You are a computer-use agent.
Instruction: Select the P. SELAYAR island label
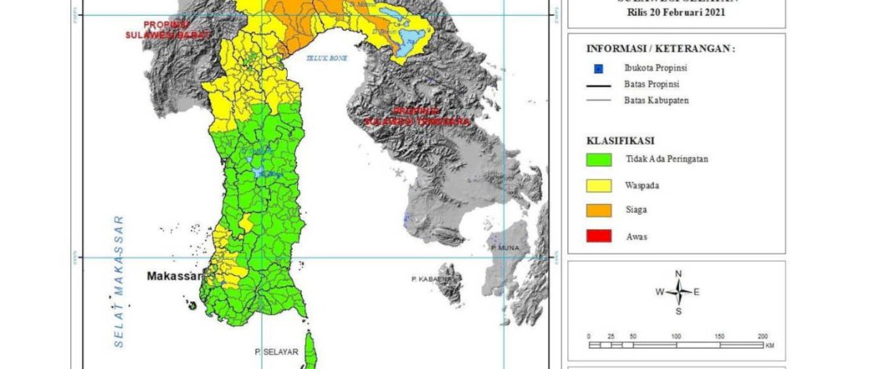pyautogui.click(x=275, y=353)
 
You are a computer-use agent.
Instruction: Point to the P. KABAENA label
pyautogui.click(x=430, y=279)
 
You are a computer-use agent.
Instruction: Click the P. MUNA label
pyautogui.click(x=505, y=247)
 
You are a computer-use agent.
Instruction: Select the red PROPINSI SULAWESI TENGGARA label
pyautogui.click(x=419, y=116)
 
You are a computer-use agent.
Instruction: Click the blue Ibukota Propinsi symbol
pyautogui.click(x=599, y=68)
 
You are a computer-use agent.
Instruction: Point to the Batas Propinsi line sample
pyautogui.click(x=599, y=84)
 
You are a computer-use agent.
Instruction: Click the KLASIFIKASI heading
pyautogui.click(x=620, y=140)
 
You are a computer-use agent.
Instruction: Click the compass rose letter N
pyautogui.click(x=678, y=273)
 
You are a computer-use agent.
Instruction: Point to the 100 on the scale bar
pyautogui.click(x=676, y=335)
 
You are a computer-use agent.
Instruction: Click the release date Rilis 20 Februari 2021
pyautogui.click(x=676, y=13)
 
